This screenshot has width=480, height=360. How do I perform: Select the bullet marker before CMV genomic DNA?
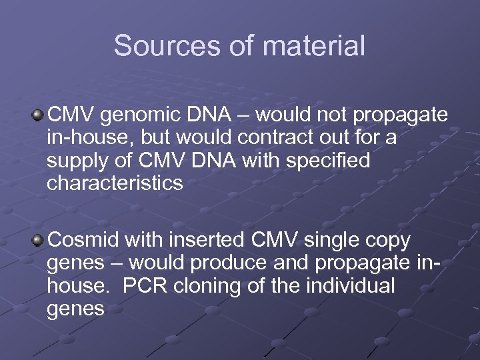point(40,115)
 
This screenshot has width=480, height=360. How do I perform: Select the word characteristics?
point(115,184)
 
